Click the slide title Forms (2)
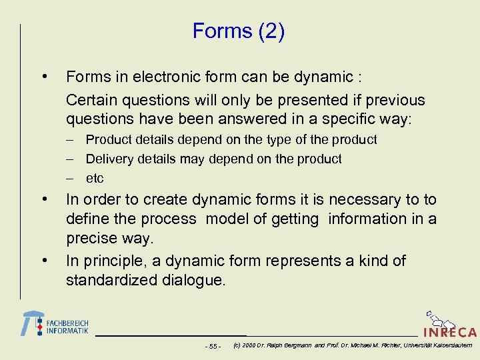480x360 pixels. coord(239,31)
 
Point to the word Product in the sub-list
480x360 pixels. coord(109,140)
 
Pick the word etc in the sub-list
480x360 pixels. coord(95,179)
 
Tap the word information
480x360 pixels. coord(368,219)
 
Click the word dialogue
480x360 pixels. coord(195,280)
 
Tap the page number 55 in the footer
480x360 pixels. coord(213,346)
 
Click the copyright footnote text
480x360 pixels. coord(353,345)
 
